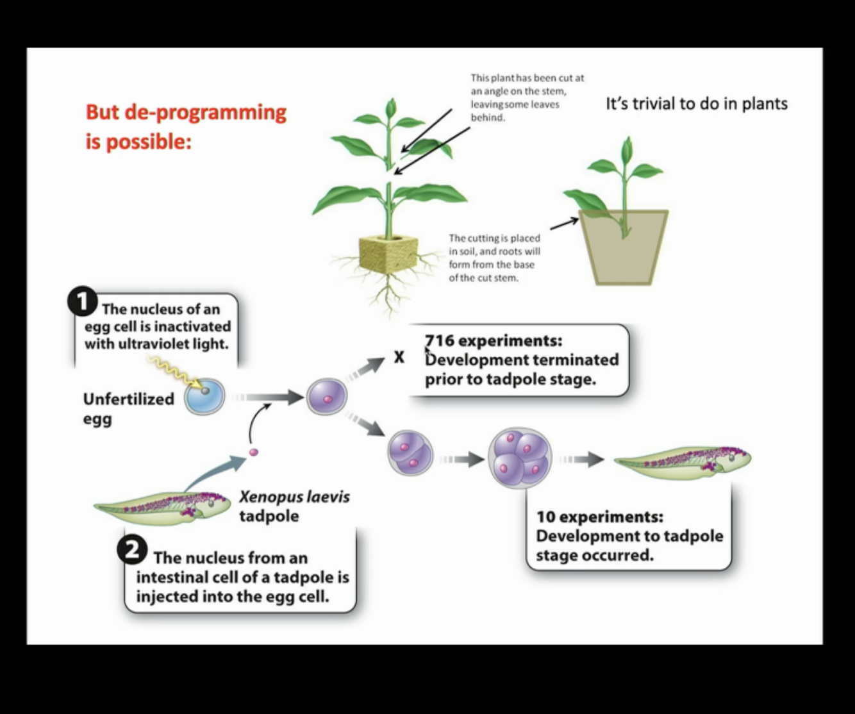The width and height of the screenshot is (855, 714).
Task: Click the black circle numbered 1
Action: pyautogui.click(x=82, y=303)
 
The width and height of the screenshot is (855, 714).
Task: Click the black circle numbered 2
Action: pyautogui.click(x=131, y=551)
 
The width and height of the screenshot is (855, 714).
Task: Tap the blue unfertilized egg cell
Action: pyautogui.click(x=205, y=397)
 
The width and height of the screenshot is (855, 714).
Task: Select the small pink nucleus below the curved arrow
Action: pyautogui.click(x=254, y=452)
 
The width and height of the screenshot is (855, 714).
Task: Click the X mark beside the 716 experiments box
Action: pyautogui.click(x=399, y=357)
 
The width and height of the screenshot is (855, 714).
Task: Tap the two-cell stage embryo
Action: pyautogui.click(x=410, y=453)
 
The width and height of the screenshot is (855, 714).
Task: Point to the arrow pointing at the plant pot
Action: pyautogui.click(x=563, y=223)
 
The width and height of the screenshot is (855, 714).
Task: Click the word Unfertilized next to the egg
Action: pyautogui.click(x=129, y=399)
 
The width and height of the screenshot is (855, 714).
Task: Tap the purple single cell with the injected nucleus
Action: pyautogui.click(x=327, y=397)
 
